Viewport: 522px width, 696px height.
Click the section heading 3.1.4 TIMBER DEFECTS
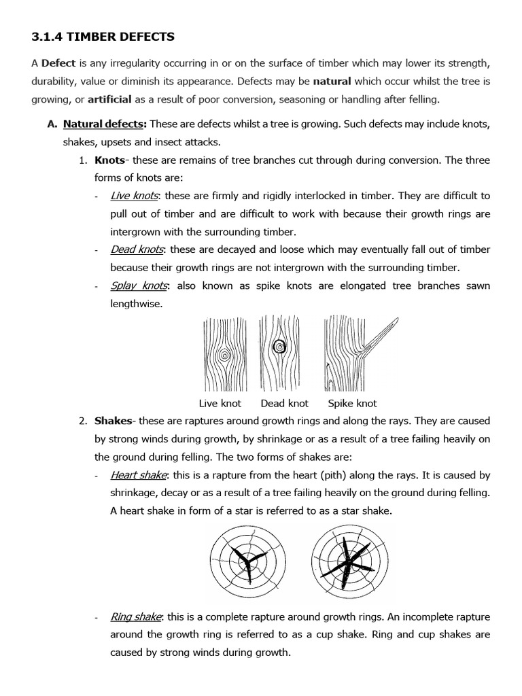pyautogui.click(x=103, y=36)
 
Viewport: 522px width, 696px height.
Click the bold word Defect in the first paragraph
pyautogui.click(x=58, y=63)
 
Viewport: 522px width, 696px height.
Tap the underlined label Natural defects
pyautogui.click(x=104, y=124)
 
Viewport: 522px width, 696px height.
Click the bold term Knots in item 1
pyautogui.click(x=109, y=160)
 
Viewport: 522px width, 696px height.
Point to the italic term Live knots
pyautogui.click(x=134, y=196)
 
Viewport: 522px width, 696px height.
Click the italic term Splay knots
pyautogui.click(x=139, y=285)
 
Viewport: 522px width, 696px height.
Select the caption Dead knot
pyautogui.click(x=284, y=403)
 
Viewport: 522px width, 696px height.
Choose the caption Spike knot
pyautogui.click(x=352, y=403)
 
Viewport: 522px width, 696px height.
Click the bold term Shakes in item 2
pyautogui.click(x=112, y=421)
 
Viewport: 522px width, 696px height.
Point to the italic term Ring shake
pyautogui.click(x=136, y=617)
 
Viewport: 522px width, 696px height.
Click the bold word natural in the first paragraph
pyautogui.click(x=332, y=82)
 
